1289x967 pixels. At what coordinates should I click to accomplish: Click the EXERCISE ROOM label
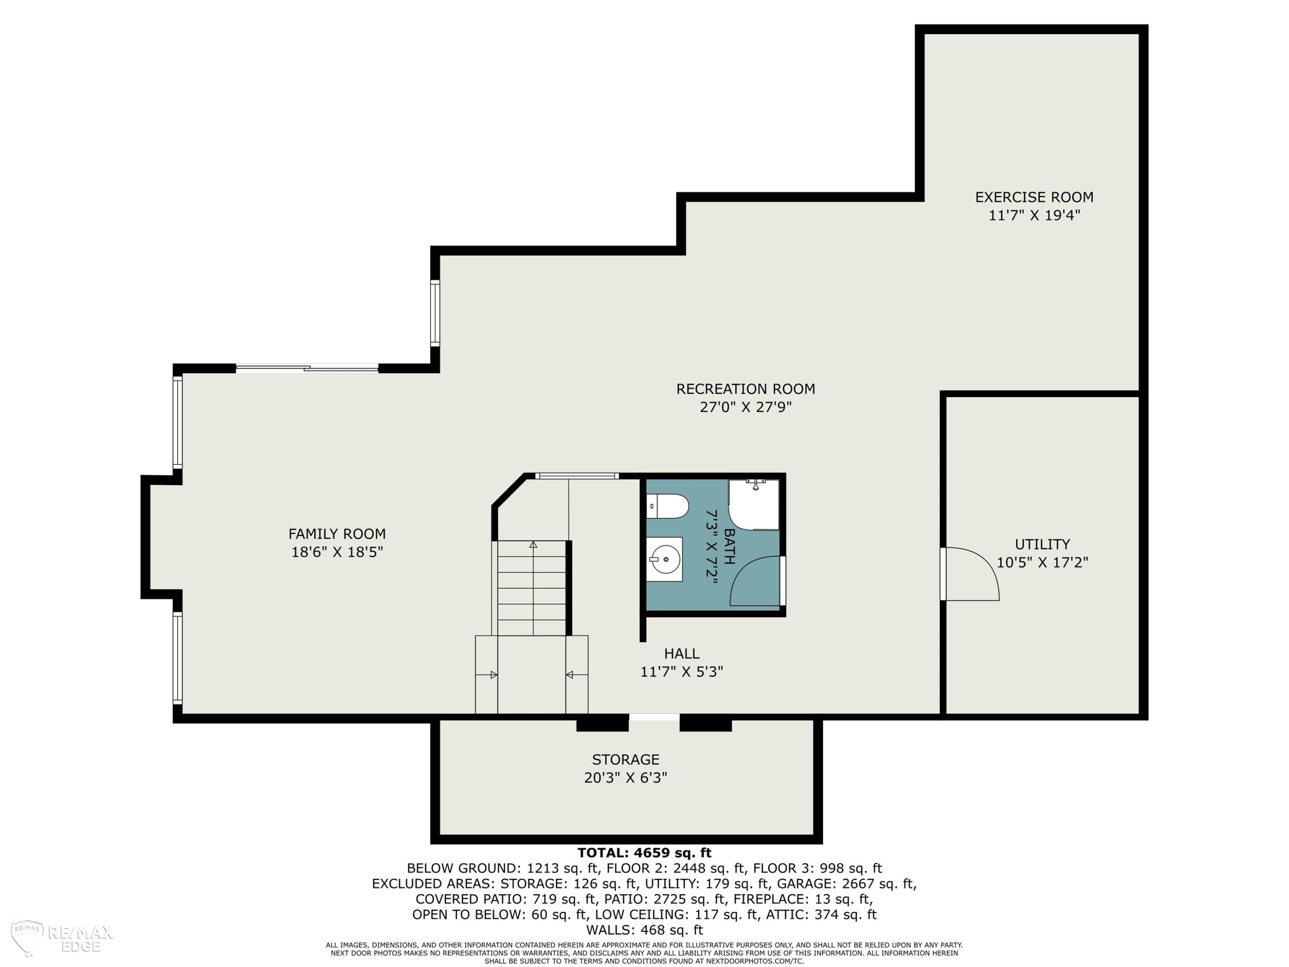click(x=1034, y=197)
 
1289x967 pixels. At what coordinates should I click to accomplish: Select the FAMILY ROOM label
click(x=337, y=534)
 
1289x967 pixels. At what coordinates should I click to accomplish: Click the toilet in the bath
click(x=667, y=506)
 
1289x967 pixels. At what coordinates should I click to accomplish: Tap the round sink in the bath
click(x=665, y=560)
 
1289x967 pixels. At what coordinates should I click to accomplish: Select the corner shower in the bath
click(x=754, y=505)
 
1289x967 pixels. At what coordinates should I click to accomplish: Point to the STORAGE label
click(x=626, y=759)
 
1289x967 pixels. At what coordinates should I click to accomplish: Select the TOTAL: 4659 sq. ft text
click(x=644, y=854)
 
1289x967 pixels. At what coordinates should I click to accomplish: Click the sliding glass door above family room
click(x=307, y=368)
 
